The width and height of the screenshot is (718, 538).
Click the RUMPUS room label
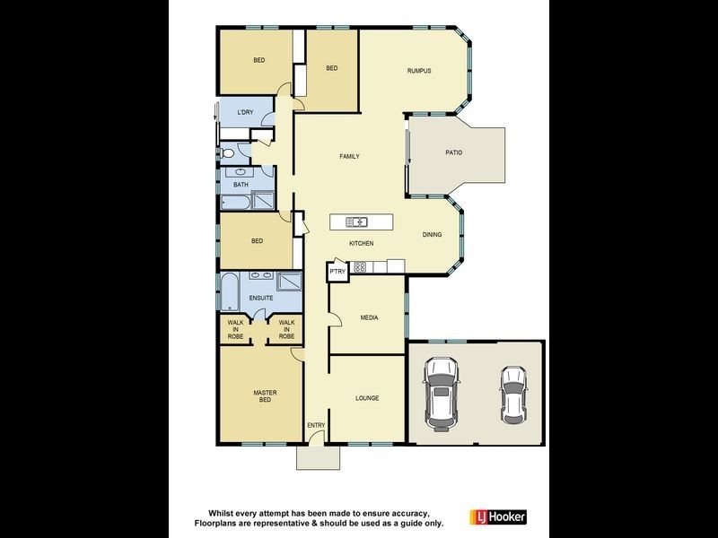(420, 70)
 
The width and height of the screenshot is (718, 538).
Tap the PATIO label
(454, 152)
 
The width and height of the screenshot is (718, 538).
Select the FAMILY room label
(349, 157)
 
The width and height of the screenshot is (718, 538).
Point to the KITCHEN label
(362, 244)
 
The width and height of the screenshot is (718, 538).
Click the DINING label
(433, 235)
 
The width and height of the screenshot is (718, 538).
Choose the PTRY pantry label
(337, 271)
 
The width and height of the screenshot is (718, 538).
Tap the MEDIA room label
(369, 317)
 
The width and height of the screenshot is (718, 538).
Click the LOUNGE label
(367, 398)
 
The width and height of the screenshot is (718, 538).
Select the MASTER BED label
(264, 396)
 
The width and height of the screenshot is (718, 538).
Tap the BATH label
(241, 185)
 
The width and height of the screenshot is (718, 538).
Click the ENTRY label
(316, 425)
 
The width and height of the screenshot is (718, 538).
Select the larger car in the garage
(441, 391)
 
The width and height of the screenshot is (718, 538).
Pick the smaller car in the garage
(512, 394)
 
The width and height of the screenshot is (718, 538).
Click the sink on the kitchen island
(359, 221)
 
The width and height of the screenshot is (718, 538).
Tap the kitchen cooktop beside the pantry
(360, 266)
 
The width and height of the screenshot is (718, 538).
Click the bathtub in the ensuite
(229, 292)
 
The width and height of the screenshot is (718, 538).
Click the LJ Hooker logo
(498, 517)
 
